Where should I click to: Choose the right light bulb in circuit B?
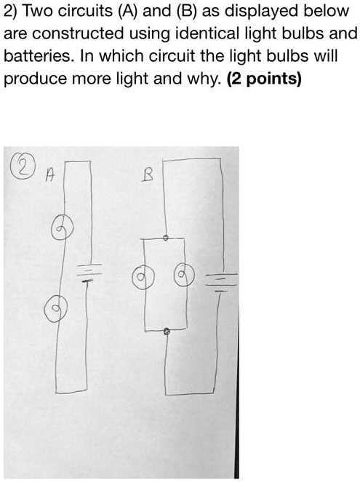click(x=183, y=276)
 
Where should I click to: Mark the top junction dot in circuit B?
click(x=167, y=237)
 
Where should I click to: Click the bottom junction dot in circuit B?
click(x=167, y=331)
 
